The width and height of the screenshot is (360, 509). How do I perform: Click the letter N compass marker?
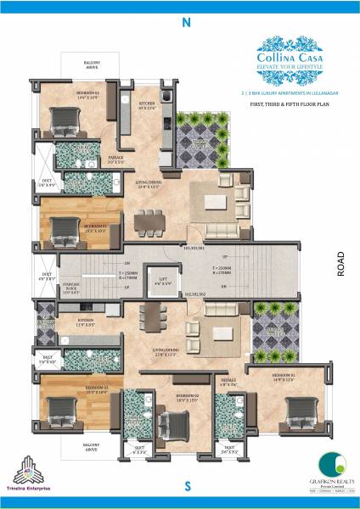pyautogui.click(x=186, y=24)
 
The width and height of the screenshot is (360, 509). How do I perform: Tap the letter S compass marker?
pyautogui.click(x=186, y=485)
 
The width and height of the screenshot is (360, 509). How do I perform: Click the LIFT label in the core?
pyautogui.click(x=161, y=280)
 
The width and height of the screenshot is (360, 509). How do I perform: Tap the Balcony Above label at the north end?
pyautogui.click(x=92, y=65)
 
